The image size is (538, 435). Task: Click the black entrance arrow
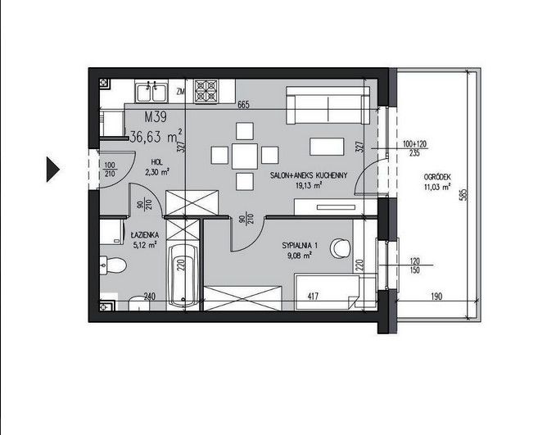pyautogui.click(x=52, y=169)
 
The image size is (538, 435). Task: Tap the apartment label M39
pyautogui.click(x=156, y=117)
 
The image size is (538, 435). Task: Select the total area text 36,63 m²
pyautogui.click(x=156, y=136)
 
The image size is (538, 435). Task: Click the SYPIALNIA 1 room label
pyautogui.click(x=300, y=246)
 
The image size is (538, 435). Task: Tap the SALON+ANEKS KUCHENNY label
pyautogui.click(x=309, y=175)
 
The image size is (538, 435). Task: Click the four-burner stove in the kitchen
pyautogui.click(x=206, y=91)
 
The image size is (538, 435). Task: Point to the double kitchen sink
pyautogui.click(x=151, y=91)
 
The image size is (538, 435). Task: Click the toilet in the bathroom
pyautogui.click(x=113, y=265)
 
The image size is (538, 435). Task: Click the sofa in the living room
pyautogui.click(x=328, y=105)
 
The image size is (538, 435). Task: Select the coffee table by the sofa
pyautogui.click(x=327, y=147)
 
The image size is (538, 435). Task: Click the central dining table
pyautogui.click(x=245, y=156)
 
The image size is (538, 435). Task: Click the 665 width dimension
pyautogui.click(x=243, y=105)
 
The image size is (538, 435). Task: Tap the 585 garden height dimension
pyautogui.click(x=465, y=195)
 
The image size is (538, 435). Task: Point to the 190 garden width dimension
pyautogui.click(x=436, y=296)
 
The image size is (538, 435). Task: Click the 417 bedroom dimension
pyautogui.click(x=313, y=296)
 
